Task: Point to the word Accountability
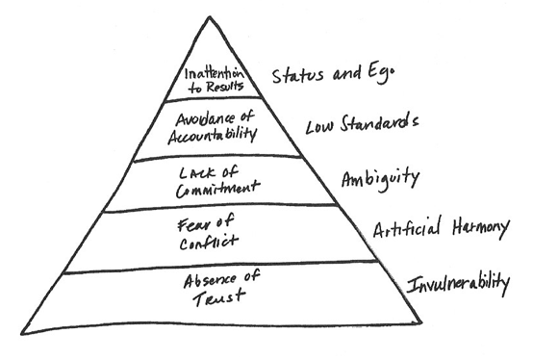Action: [x=214, y=137]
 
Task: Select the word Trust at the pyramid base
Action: [x=211, y=299]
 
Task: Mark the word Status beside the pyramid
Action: [x=297, y=74]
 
